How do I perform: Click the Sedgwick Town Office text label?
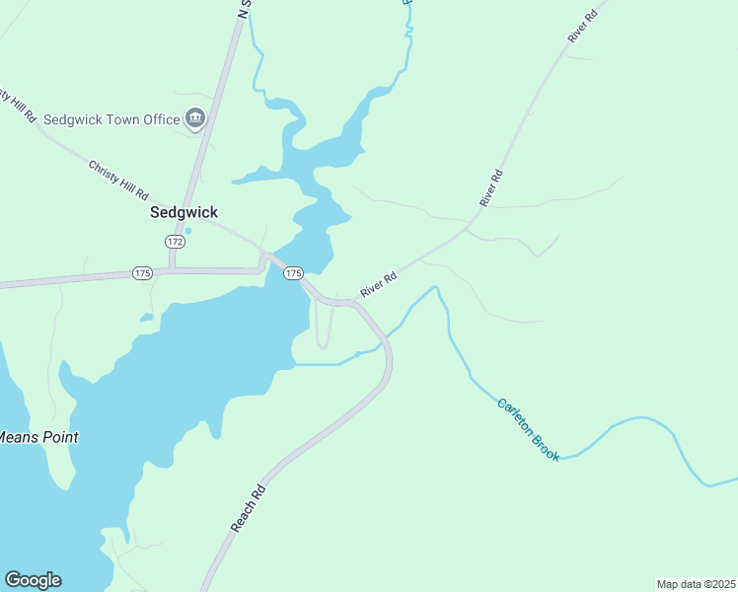[x=111, y=119]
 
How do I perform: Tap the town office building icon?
[x=195, y=119]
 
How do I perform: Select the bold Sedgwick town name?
[x=184, y=212]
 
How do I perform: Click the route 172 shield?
[x=175, y=242]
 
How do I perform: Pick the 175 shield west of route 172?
[x=143, y=272]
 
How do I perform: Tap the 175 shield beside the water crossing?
[x=292, y=272]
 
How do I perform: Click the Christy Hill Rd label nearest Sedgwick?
[x=117, y=180]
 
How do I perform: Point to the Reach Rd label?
[x=249, y=508]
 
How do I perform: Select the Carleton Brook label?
[x=528, y=429]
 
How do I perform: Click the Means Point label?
[x=37, y=437]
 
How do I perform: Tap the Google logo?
[x=33, y=580]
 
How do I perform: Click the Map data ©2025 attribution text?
[x=696, y=584]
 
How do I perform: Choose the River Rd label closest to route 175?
[x=378, y=284]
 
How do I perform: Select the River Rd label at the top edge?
[x=583, y=26]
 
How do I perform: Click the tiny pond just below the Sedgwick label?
[x=187, y=231]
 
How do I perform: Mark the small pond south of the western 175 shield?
[x=146, y=318]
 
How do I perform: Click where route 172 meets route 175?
[x=172, y=268]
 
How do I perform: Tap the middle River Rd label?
[x=491, y=187]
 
